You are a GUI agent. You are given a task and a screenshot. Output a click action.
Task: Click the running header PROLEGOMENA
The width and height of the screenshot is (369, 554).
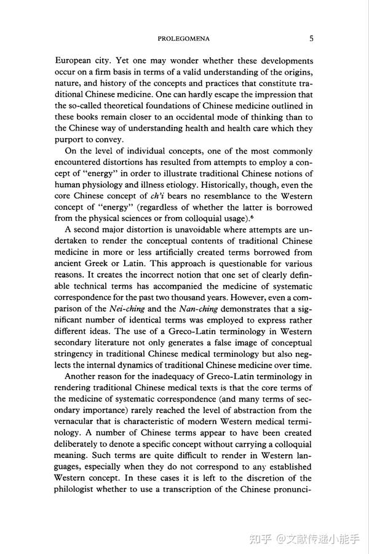pos(183,39)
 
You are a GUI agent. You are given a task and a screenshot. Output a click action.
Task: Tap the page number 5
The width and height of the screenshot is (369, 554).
pos(311,39)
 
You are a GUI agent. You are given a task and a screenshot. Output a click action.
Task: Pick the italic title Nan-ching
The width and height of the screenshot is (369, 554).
pos(199,309)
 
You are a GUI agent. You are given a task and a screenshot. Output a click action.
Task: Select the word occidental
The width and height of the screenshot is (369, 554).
pos(207,117)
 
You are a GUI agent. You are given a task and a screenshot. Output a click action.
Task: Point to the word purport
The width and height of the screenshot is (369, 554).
pos(71,140)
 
